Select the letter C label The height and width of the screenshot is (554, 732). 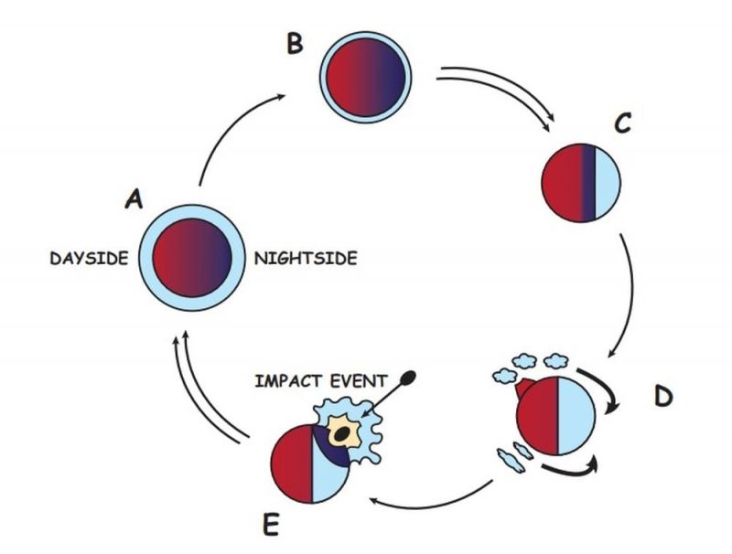[622, 124]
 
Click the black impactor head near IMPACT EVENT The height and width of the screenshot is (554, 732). [408, 376]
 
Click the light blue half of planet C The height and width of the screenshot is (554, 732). [607, 183]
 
